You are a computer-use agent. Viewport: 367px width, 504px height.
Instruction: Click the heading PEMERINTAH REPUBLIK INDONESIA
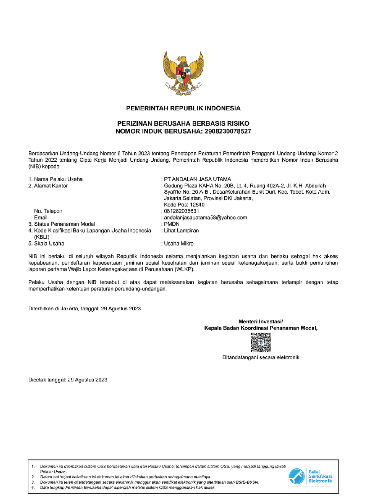point(183,108)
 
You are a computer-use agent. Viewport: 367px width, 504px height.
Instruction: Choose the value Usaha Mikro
point(179,244)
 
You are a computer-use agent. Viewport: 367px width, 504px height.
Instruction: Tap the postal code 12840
point(195,204)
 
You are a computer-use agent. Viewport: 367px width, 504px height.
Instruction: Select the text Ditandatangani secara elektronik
point(261,357)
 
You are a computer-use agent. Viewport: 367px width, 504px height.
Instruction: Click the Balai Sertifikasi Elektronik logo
point(310,476)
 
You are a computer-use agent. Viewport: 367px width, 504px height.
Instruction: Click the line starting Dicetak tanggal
point(68,380)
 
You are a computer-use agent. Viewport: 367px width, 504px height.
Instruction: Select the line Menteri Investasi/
point(261,321)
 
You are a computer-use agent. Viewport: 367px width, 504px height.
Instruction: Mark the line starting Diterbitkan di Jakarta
point(85,309)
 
